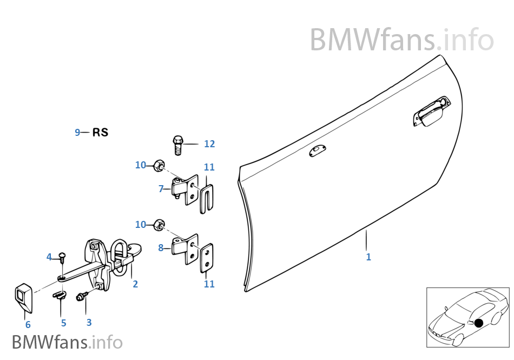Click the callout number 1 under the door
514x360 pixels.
coord(368,257)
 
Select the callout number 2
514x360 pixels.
coord(135,284)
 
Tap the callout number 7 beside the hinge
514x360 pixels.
coord(161,189)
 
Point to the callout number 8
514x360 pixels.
coord(161,248)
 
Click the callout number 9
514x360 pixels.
coord(77,132)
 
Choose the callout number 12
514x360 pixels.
coord(209,144)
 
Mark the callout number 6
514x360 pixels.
coord(28,325)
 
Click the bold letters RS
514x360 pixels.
coord(100,132)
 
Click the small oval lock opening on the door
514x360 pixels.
coord(317,152)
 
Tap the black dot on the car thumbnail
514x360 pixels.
coord(478,323)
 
